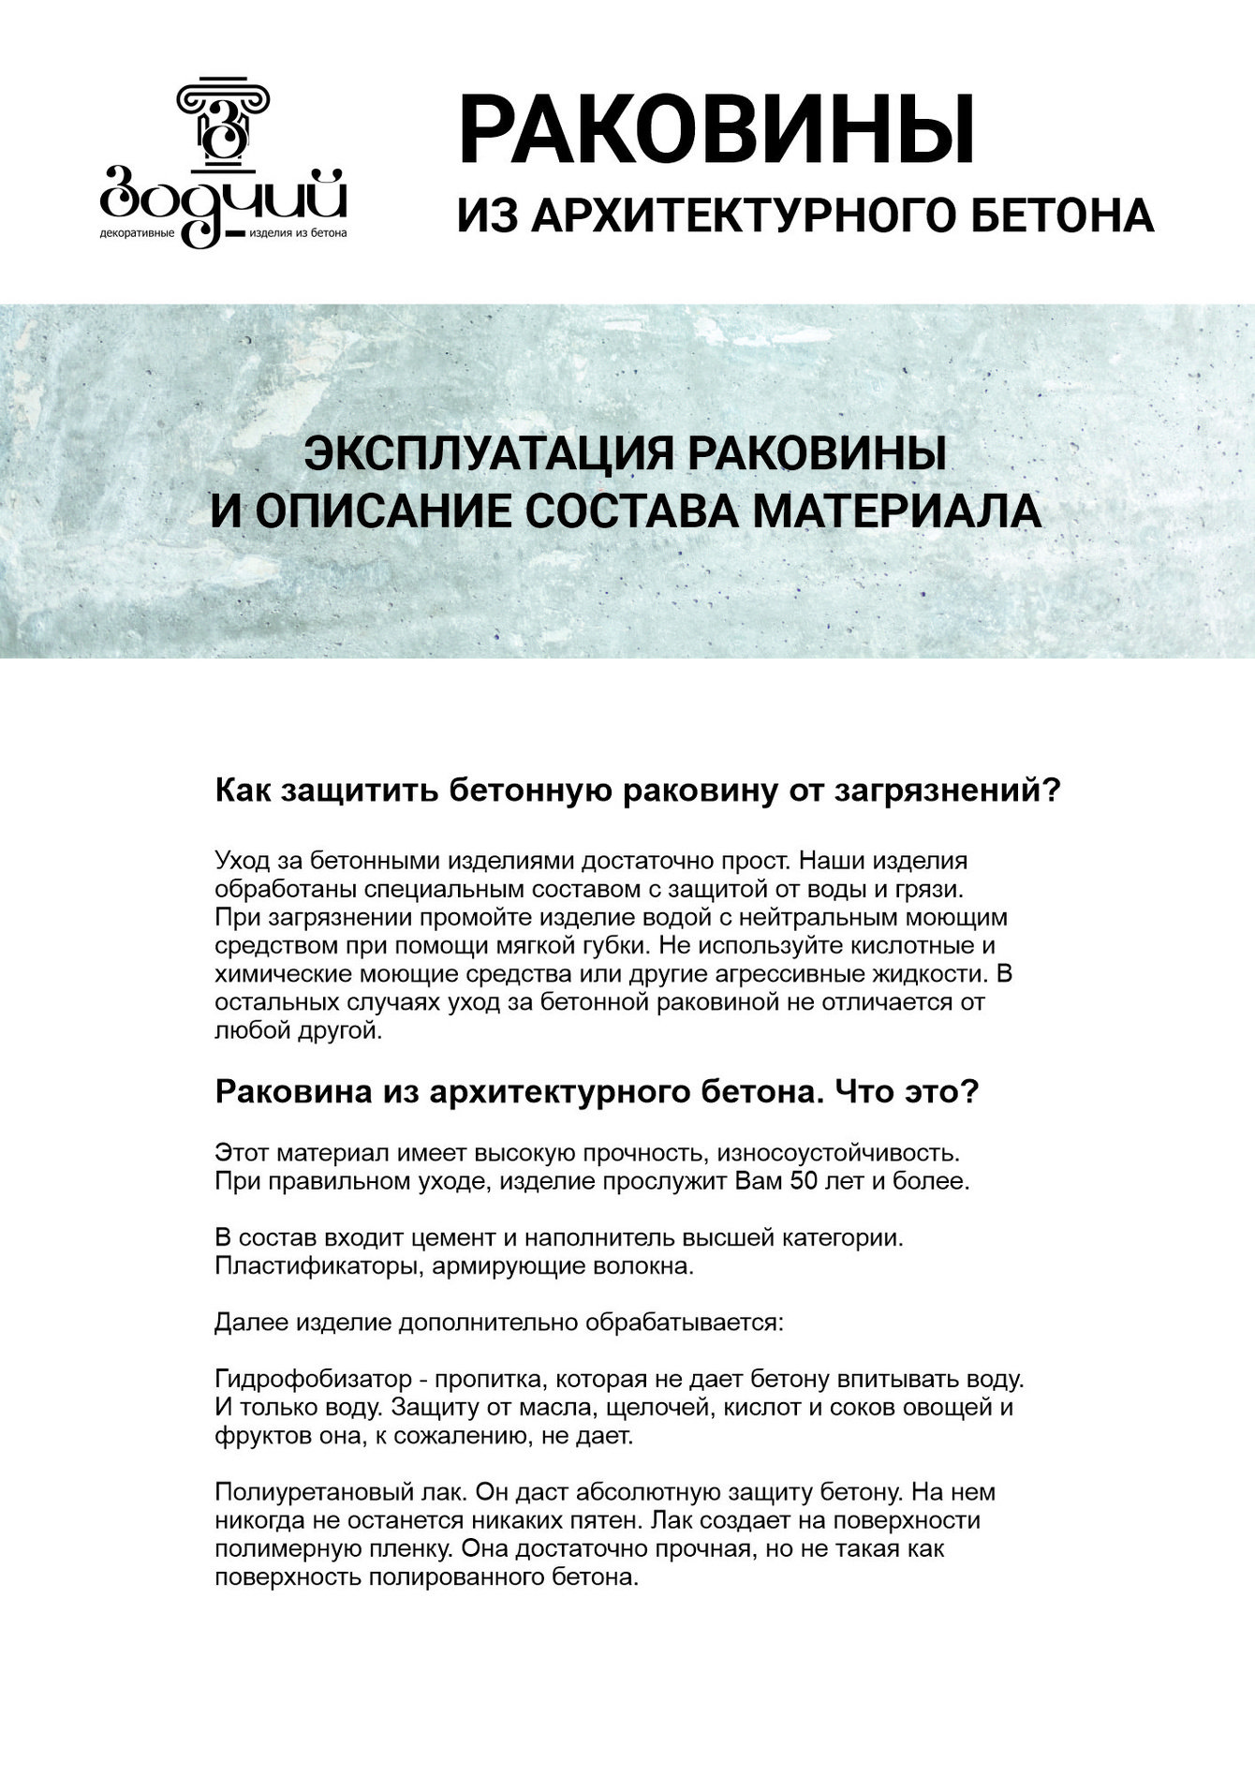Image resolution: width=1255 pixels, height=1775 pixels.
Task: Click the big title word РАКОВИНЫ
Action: coord(716,129)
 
